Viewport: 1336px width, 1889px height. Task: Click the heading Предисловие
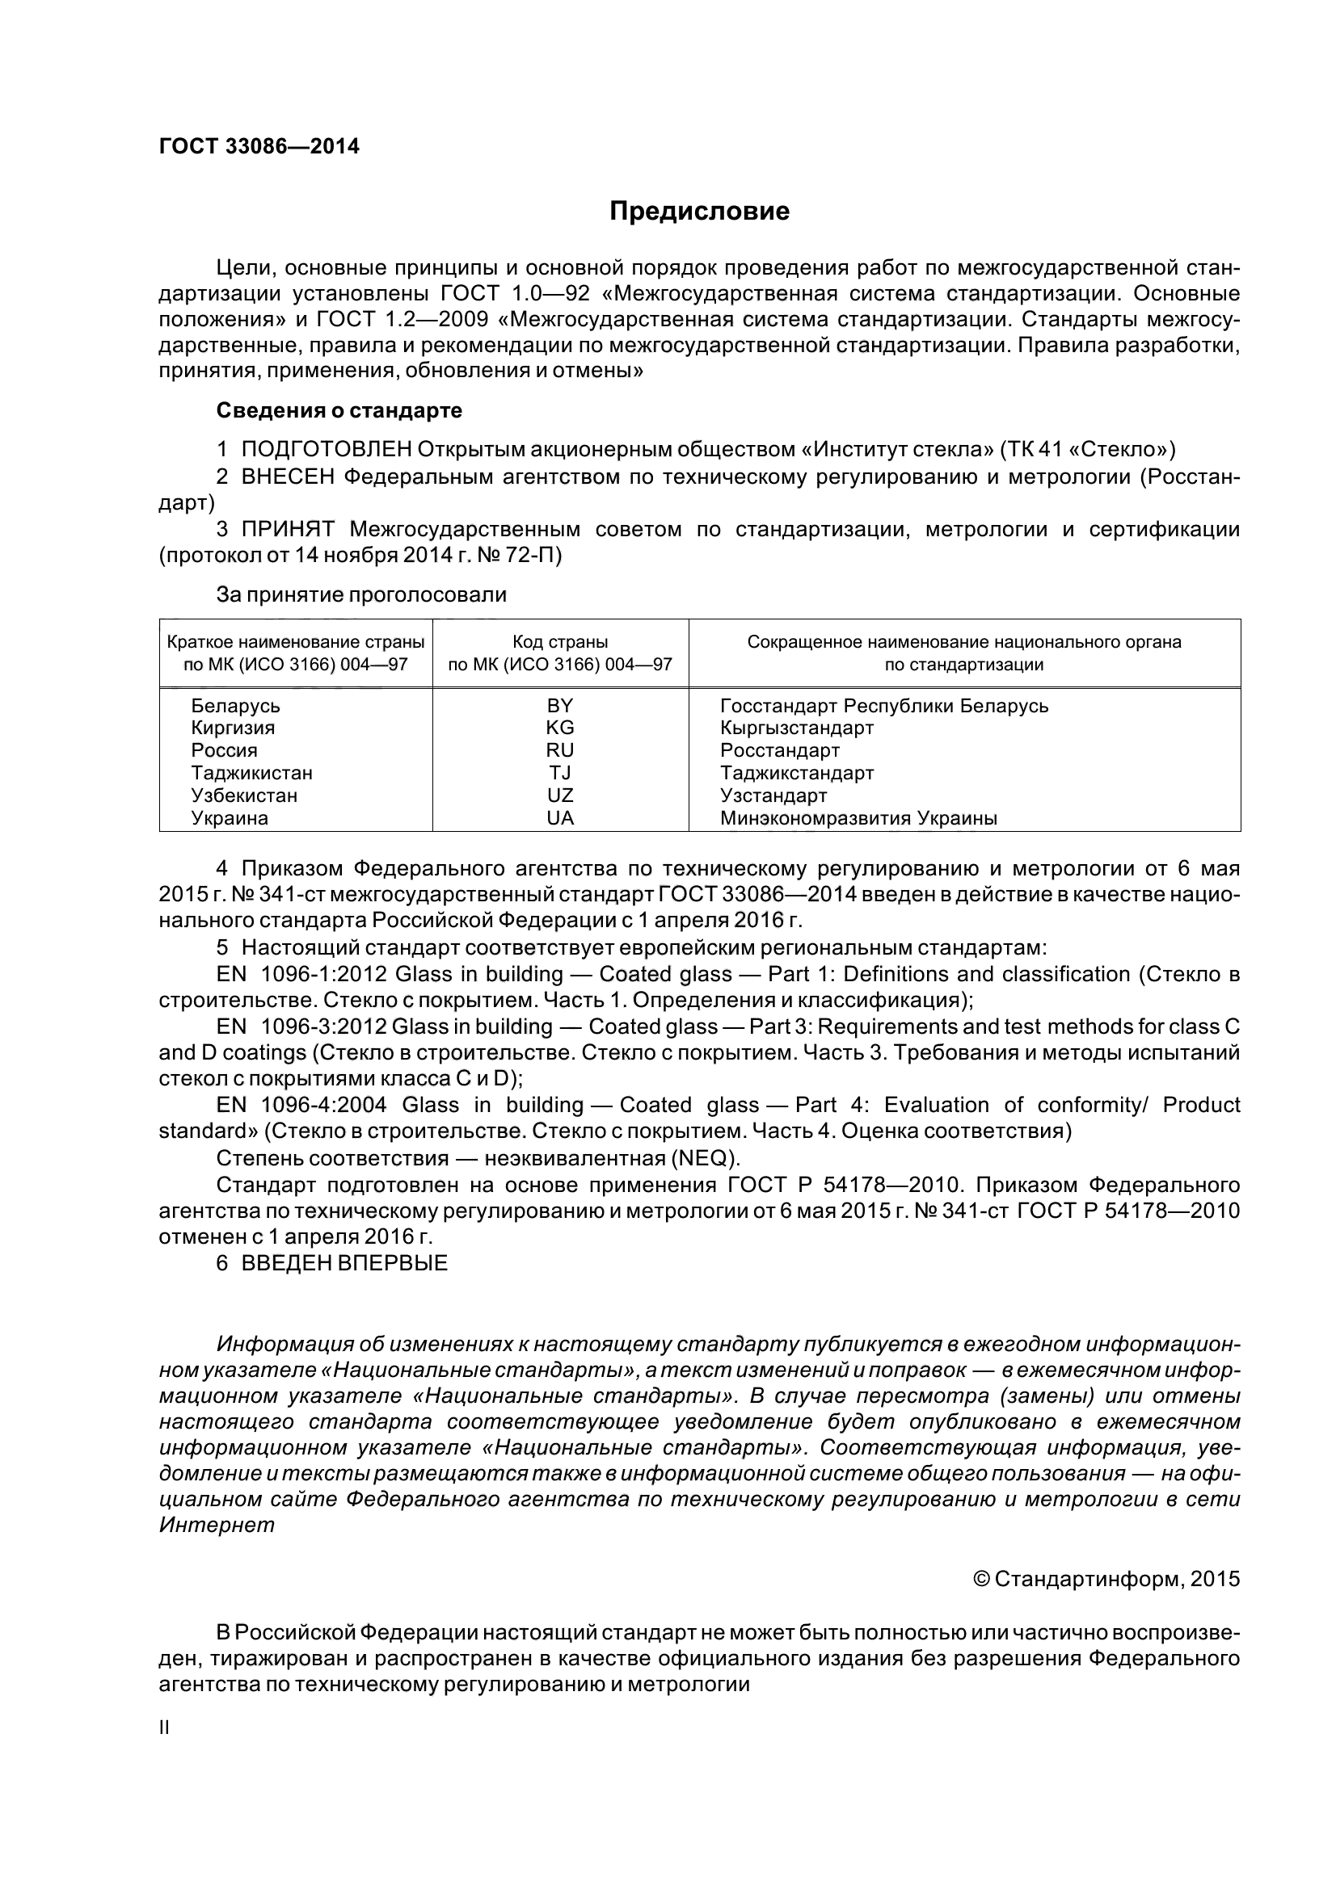tap(699, 212)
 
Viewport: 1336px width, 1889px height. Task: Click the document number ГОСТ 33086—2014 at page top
tap(259, 146)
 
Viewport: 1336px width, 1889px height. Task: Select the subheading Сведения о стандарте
tap(339, 409)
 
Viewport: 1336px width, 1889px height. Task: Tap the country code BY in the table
tap(560, 705)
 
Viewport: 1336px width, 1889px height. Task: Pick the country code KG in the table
tap(560, 728)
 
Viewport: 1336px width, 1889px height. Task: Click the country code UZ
tap(560, 795)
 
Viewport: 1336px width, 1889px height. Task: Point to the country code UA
tap(560, 818)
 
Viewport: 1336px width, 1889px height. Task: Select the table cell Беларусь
tap(235, 706)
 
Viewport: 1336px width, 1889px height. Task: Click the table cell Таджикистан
tap(252, 773)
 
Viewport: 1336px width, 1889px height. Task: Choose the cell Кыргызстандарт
tap(796, 728)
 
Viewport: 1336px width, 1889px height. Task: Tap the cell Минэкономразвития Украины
tap(858, 818)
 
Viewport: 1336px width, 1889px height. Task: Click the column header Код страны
tap(560, 642)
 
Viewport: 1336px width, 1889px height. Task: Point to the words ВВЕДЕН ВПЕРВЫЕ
tap(344, 1263)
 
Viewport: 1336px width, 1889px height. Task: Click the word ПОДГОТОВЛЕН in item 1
tap(326, 449)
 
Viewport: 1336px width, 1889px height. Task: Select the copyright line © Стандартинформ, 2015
tap(1106, 1579)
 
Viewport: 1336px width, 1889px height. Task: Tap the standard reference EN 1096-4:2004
tap(301, 1105)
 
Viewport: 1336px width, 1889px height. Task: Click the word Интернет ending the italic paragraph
tap(217, 1525)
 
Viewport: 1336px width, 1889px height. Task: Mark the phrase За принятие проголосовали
tap(361, 594)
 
